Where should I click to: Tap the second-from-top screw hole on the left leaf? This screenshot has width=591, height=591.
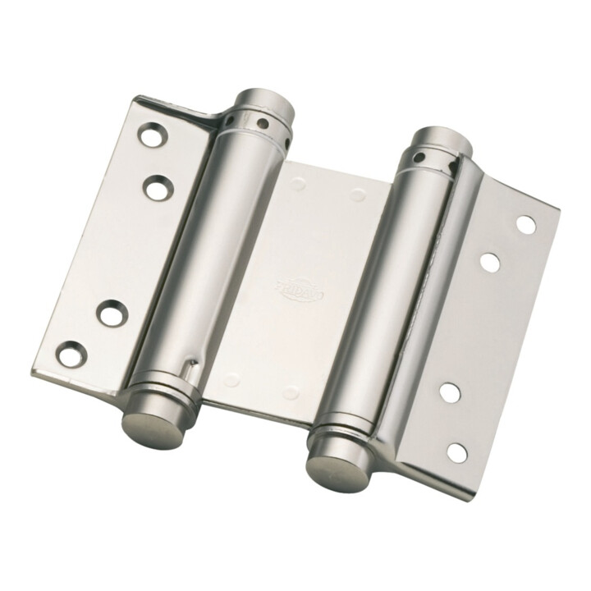point(156,188)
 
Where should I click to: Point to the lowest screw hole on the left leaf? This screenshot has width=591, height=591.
point(73,353)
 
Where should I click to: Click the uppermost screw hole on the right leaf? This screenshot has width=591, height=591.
point(525,224)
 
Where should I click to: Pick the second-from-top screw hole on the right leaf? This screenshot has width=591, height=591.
point(489,263)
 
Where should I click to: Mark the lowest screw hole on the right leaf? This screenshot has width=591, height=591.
point(456,451)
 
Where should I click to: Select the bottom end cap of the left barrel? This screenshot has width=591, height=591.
point(148,422)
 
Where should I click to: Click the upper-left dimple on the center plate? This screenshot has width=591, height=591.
point(298,183)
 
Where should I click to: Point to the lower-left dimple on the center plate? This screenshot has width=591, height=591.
point(233,379)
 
